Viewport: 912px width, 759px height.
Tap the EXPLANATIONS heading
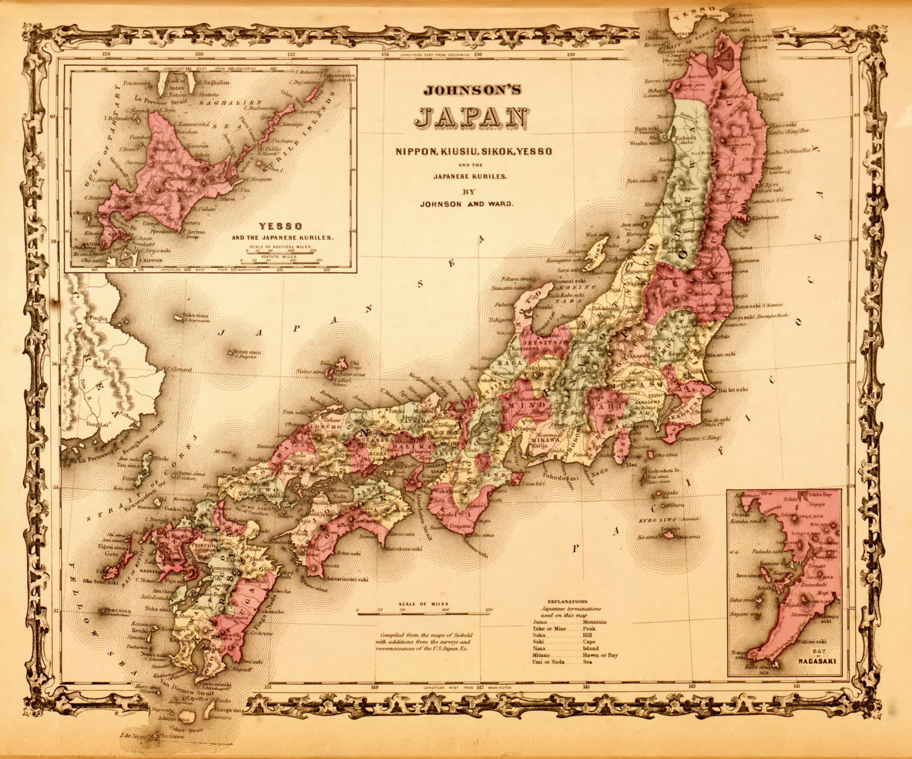click(567, 601)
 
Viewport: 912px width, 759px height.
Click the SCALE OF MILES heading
click(422, 604)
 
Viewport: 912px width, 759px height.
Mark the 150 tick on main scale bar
click(489, 610)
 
